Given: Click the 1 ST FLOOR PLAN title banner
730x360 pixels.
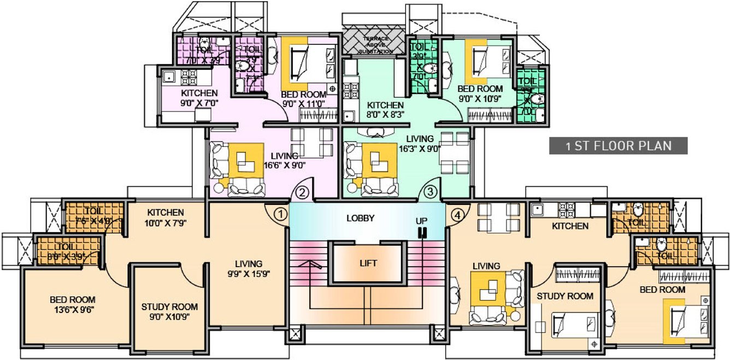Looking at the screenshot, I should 617,146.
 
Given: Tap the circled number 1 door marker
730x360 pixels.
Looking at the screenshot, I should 280,214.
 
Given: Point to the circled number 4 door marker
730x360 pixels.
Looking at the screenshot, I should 457,214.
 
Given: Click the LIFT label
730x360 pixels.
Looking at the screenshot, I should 368,263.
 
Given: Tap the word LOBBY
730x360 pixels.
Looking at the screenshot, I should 361,218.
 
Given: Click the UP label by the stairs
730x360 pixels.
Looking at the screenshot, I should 422,221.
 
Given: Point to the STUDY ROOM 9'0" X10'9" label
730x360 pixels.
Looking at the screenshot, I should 169,311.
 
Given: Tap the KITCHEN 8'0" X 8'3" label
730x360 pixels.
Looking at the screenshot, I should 385,110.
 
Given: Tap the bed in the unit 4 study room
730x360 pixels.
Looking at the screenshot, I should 573,327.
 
